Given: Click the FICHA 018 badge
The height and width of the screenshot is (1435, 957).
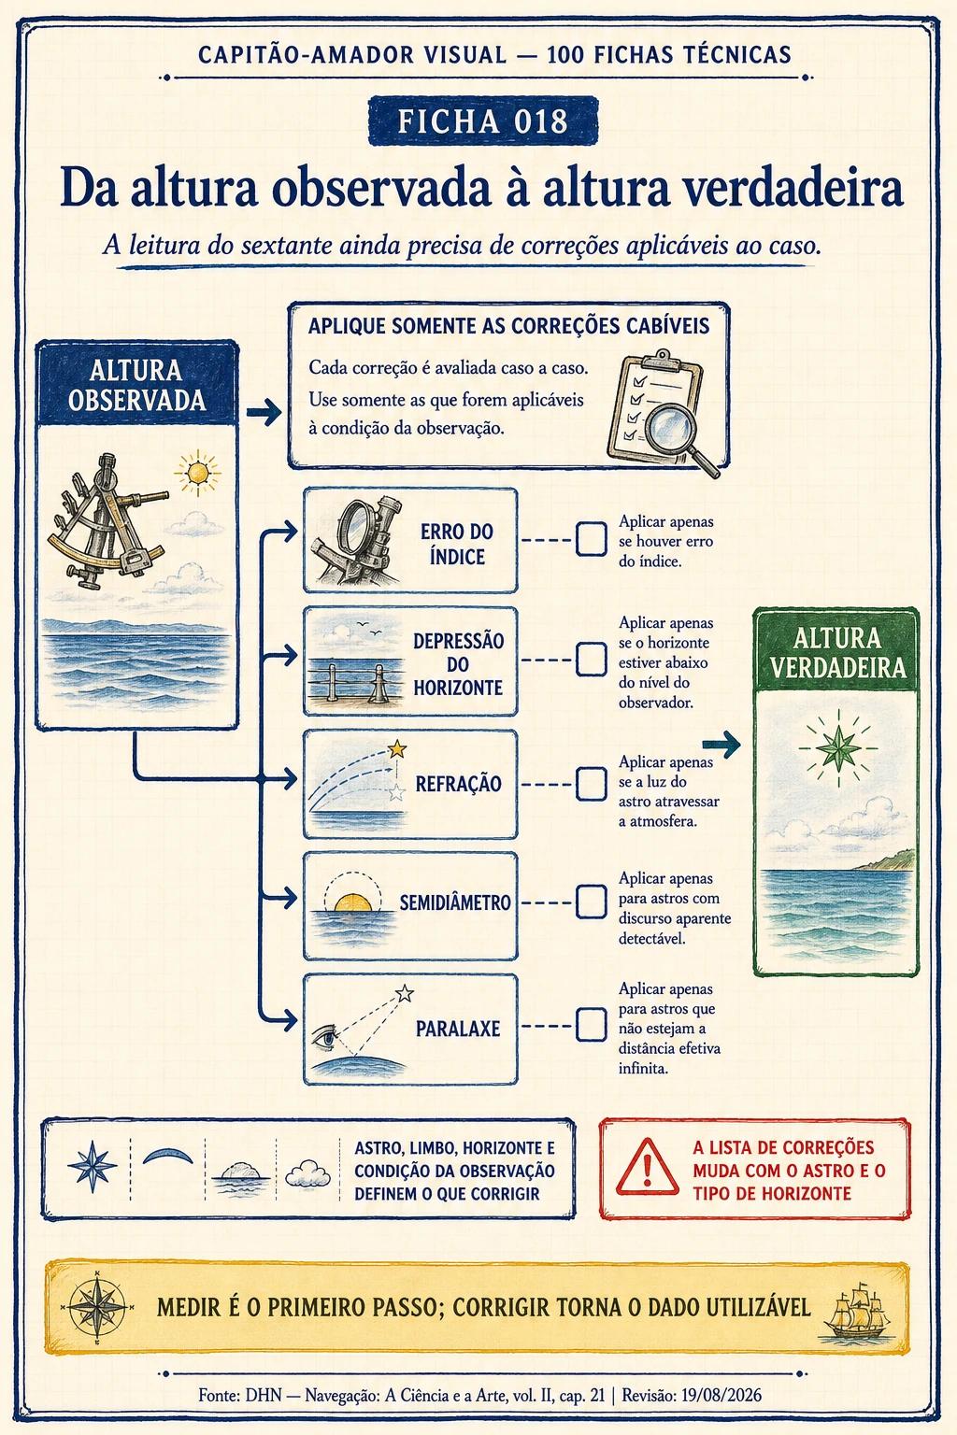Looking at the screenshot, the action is coord(483,121).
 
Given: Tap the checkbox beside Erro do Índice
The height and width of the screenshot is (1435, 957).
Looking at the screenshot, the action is coord(591,539).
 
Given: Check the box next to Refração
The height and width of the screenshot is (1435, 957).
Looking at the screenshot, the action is coord(591,784).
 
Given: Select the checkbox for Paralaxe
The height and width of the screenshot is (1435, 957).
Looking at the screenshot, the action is coord(591,1025).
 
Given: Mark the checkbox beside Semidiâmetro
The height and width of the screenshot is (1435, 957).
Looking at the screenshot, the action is coord(591,902).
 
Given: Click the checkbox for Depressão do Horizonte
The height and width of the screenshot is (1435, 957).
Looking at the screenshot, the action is coord(591,660).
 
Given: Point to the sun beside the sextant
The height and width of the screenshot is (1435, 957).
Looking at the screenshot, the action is coord(197,474).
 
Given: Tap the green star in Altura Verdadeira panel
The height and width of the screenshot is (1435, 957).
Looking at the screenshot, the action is coord(838,747).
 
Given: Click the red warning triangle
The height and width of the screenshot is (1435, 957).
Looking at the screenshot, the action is coord(648,1168).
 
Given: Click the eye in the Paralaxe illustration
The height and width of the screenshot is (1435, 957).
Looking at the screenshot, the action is coord(325,1036).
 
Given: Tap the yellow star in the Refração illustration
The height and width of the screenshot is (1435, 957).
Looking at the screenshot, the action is coord(397,748).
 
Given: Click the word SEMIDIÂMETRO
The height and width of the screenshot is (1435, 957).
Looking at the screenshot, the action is coord(455,902).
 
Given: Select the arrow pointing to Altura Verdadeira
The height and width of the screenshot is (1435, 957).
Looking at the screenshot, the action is coord(721,745).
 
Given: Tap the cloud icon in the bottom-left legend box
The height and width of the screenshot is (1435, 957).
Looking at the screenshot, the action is coord(307,1173).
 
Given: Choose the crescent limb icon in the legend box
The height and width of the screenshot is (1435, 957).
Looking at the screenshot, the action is coord(168,1156).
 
